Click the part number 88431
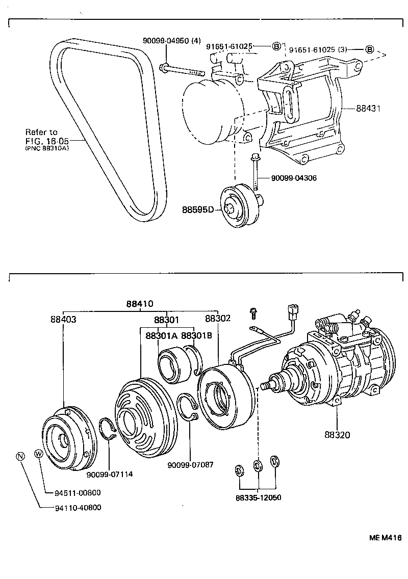click(369, 109)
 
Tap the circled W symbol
click(38, 454)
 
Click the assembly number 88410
click(140, 304)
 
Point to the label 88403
click(63, 319)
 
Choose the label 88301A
click(162, 336)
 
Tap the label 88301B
click(196, 336)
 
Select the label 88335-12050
click(259, 497)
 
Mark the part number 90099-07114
click(109, 474)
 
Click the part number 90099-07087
click(190, 464)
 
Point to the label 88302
click(218, 319)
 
